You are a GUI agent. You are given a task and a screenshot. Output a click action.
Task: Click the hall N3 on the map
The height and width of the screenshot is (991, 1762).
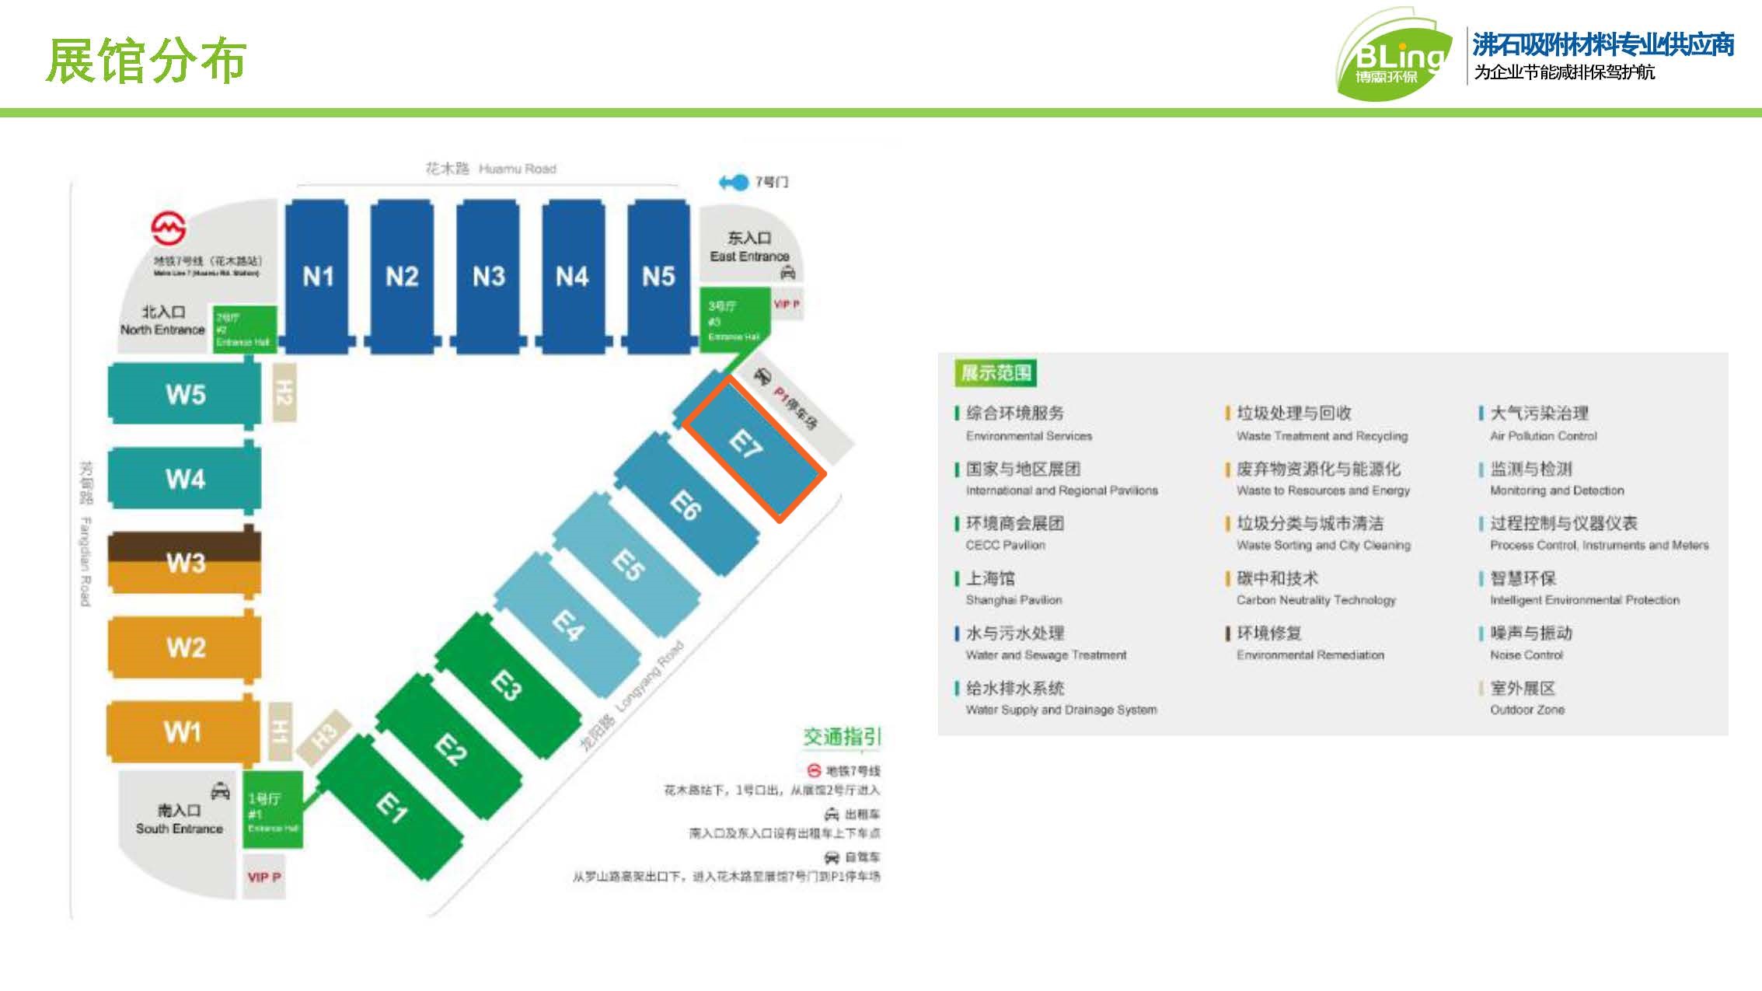(488, 276)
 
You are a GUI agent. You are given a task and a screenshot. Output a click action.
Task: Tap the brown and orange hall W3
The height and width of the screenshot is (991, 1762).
(185, 562)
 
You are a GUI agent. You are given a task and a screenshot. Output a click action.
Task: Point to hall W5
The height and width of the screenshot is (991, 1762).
(185, 394)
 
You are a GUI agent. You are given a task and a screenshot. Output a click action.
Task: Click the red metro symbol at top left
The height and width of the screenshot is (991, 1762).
(168, 227)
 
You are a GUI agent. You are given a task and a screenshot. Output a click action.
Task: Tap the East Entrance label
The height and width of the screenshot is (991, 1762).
(748, 246)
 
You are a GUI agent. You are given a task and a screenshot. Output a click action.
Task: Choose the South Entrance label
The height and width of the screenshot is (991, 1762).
(179, 820)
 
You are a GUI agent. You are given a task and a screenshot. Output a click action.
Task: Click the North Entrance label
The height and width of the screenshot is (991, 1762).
(162, 320)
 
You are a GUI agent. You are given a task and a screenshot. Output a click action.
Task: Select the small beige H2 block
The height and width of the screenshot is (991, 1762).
(284, 393)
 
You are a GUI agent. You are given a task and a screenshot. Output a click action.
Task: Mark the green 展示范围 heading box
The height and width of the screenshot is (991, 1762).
(995, 373)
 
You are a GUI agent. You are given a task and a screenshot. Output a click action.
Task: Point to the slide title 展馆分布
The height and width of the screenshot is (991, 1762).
(146, 60)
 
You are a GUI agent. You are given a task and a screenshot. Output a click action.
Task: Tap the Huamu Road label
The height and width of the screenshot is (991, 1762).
(491, 169)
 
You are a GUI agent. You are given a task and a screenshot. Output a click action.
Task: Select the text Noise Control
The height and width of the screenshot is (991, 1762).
(1526, 655)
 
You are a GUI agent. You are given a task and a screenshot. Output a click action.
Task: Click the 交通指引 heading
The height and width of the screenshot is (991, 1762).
(842, 736)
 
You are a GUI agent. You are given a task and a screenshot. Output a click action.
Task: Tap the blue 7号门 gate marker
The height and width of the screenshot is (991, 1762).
(734, 182)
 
